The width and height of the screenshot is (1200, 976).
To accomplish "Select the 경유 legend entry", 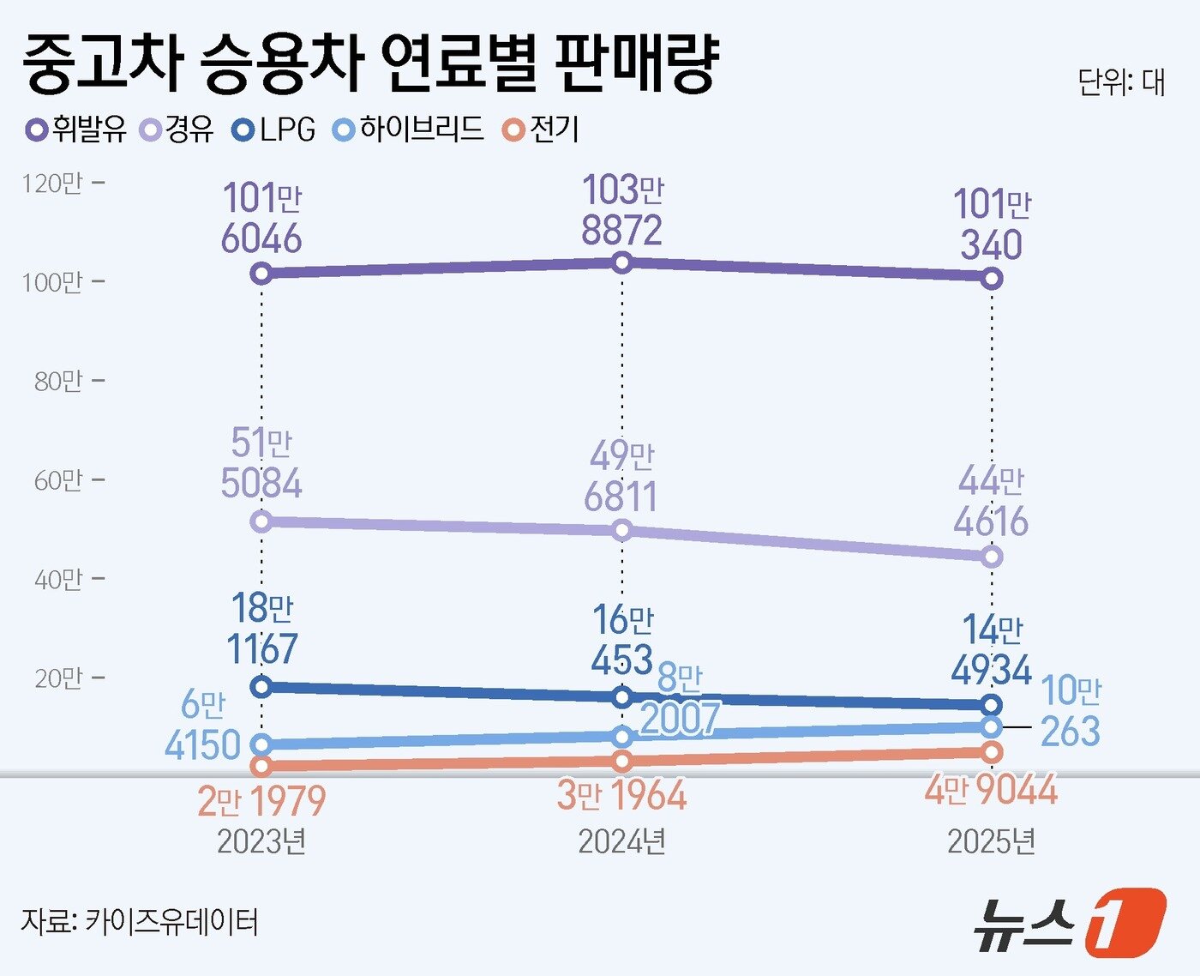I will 177,130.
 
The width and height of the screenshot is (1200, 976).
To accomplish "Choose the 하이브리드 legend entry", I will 408,130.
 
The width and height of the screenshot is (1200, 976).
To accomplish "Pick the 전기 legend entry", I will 542,130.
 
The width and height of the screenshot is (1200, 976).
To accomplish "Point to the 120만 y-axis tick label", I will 53,184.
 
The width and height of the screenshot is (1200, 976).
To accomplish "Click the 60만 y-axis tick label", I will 58,480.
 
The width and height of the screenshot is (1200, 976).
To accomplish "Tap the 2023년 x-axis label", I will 261,841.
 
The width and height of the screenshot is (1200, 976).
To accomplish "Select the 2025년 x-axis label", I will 991,841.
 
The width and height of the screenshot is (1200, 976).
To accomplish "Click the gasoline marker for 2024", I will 623,262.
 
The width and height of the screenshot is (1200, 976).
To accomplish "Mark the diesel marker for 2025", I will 992,557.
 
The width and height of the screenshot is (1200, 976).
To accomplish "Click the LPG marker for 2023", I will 262,686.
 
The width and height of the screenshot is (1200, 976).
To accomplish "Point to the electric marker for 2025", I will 992,752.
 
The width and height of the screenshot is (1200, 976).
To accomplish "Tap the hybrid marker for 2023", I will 262,744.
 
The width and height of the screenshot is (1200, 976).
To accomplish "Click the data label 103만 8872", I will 622,211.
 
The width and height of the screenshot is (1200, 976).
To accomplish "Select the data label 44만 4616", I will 991,501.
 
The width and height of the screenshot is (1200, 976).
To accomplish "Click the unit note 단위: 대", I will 1120,82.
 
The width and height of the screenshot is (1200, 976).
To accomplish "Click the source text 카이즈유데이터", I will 171,922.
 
